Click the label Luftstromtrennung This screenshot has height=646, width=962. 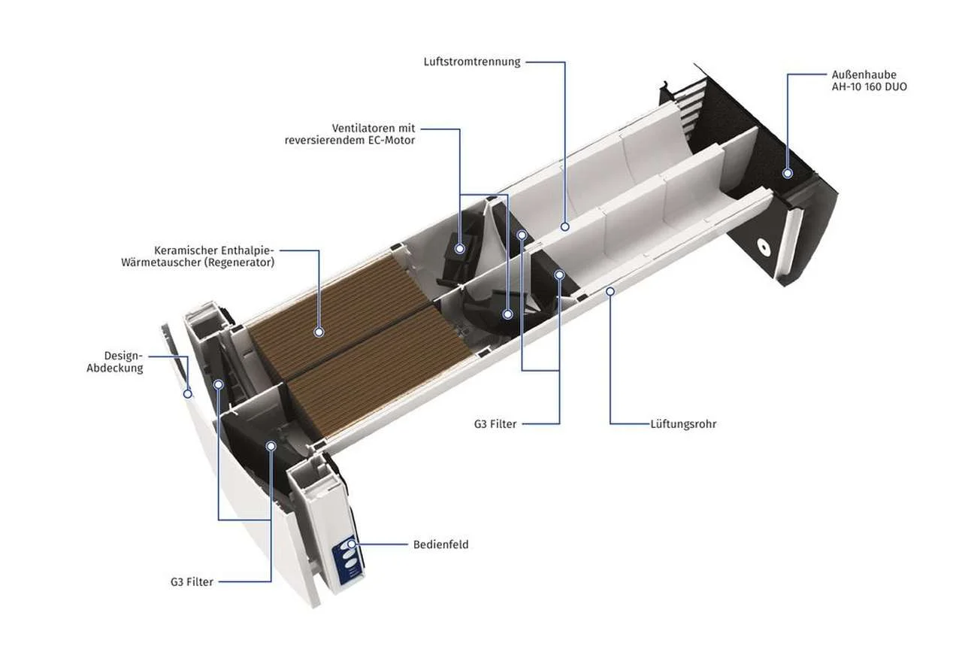[472, 62]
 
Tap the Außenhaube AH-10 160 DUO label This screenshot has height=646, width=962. [870, 80]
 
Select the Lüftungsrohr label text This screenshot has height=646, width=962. [683, 424]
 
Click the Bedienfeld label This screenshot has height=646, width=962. [440, 544]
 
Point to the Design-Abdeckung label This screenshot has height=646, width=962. [115, 362]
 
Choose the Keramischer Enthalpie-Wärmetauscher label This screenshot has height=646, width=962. [198, 256]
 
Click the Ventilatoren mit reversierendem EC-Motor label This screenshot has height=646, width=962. [350, 134]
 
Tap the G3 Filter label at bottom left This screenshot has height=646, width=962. [192, 582]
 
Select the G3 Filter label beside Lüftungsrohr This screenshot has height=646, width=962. [495, 424]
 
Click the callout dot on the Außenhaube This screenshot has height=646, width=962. [788, 174]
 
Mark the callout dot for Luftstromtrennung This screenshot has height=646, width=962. [565, 226]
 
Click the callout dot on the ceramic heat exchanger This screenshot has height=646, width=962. [319, 332]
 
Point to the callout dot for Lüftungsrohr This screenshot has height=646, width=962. [610, 292]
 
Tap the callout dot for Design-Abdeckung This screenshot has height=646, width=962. [188, 394]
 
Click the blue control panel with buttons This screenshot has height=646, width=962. [349, 560]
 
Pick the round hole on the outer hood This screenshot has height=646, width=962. [762, 247]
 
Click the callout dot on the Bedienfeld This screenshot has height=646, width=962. [352, 544]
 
